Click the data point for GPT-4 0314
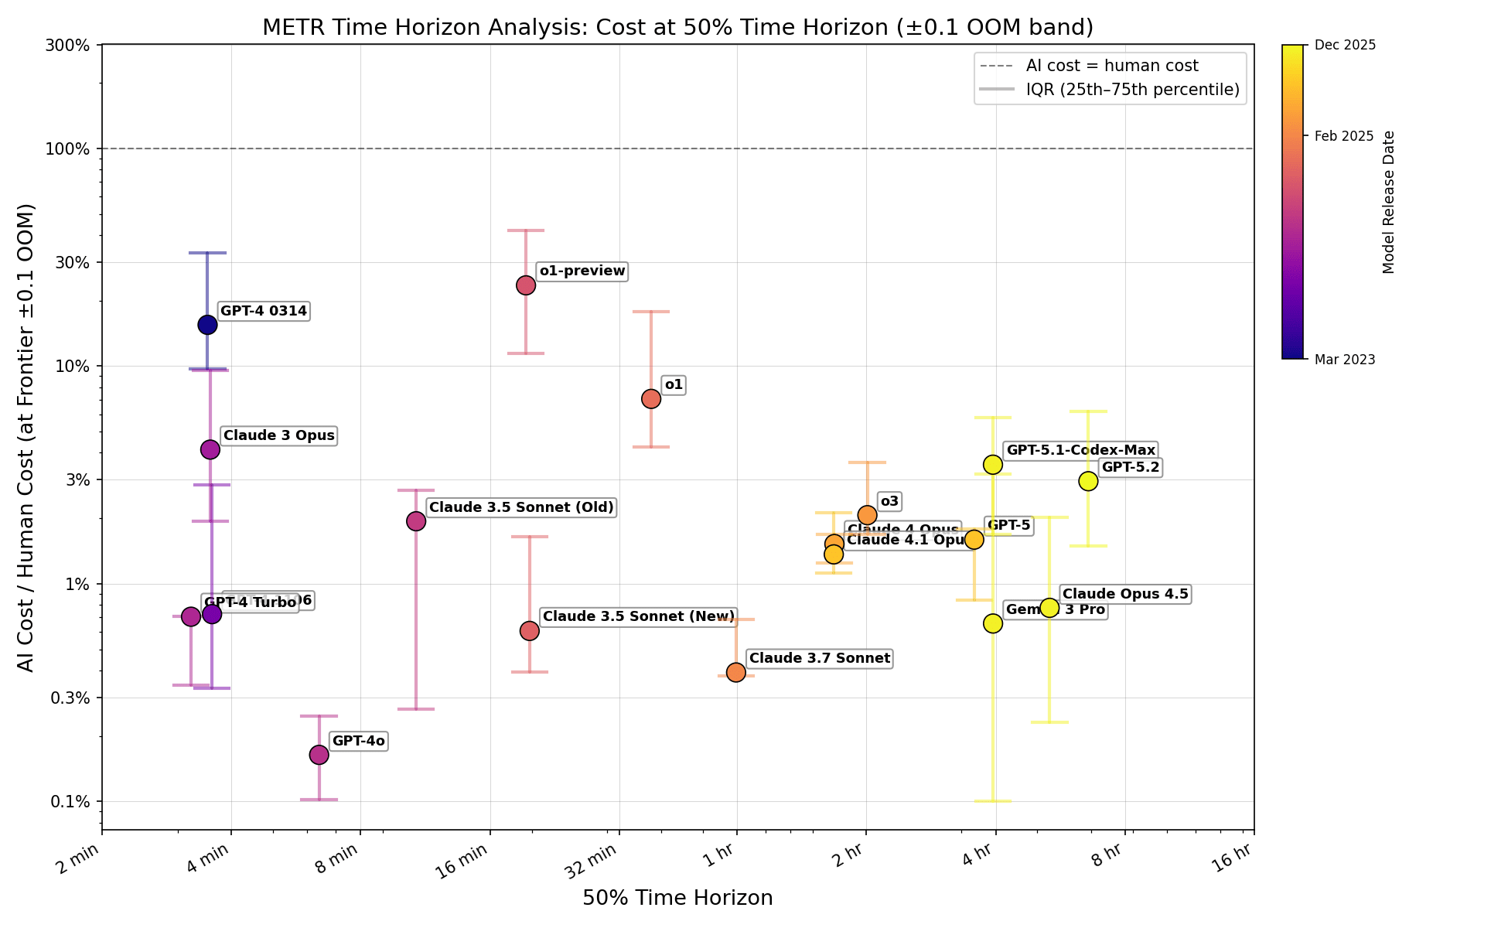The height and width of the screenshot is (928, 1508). [x=207, y=324]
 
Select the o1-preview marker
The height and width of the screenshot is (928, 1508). [x=526, y=285]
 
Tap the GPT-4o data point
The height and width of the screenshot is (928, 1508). [x=319, y=754]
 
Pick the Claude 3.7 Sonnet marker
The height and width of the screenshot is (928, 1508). [x=736, y=672]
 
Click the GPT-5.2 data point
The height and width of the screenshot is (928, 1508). [x=1088, y=480]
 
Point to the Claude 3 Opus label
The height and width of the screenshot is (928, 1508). [x=278, y=435]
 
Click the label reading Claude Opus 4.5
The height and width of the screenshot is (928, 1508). [x=1124, y=594]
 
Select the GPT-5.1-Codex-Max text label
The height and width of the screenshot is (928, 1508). [x=1080, y=450]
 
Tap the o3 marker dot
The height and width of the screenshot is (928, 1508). [x=867, y=514]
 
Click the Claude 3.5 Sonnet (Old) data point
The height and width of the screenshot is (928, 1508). [x=416, y=520]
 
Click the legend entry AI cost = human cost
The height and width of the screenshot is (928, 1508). [x=1111, y=66]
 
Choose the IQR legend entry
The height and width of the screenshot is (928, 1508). [x=1132, y=90]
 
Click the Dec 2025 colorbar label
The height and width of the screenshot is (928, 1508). [x=1345, y=45]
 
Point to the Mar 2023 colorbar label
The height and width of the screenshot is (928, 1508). [x=1345, y=359]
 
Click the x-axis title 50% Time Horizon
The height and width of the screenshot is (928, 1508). [x=677, y=898]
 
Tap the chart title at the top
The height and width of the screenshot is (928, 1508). [x=677, y=27]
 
